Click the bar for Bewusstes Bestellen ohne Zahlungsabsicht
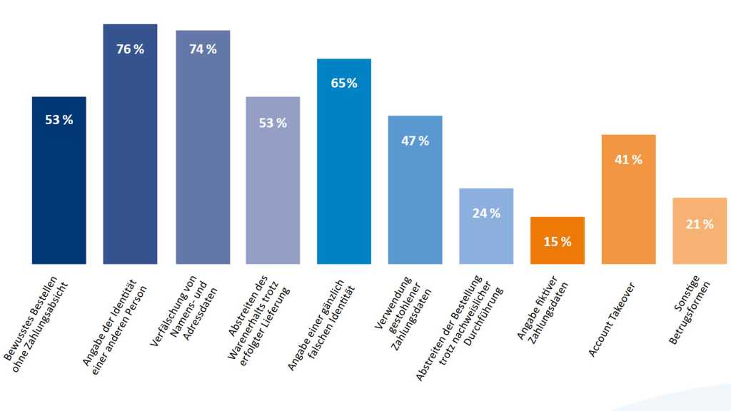(x=59, y=186)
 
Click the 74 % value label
(x=203, y=49)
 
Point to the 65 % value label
(x=344, y=83)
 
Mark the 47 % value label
(x=415, y=141)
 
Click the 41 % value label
(x=628, y=160)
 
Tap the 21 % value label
(x=700, y=225)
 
